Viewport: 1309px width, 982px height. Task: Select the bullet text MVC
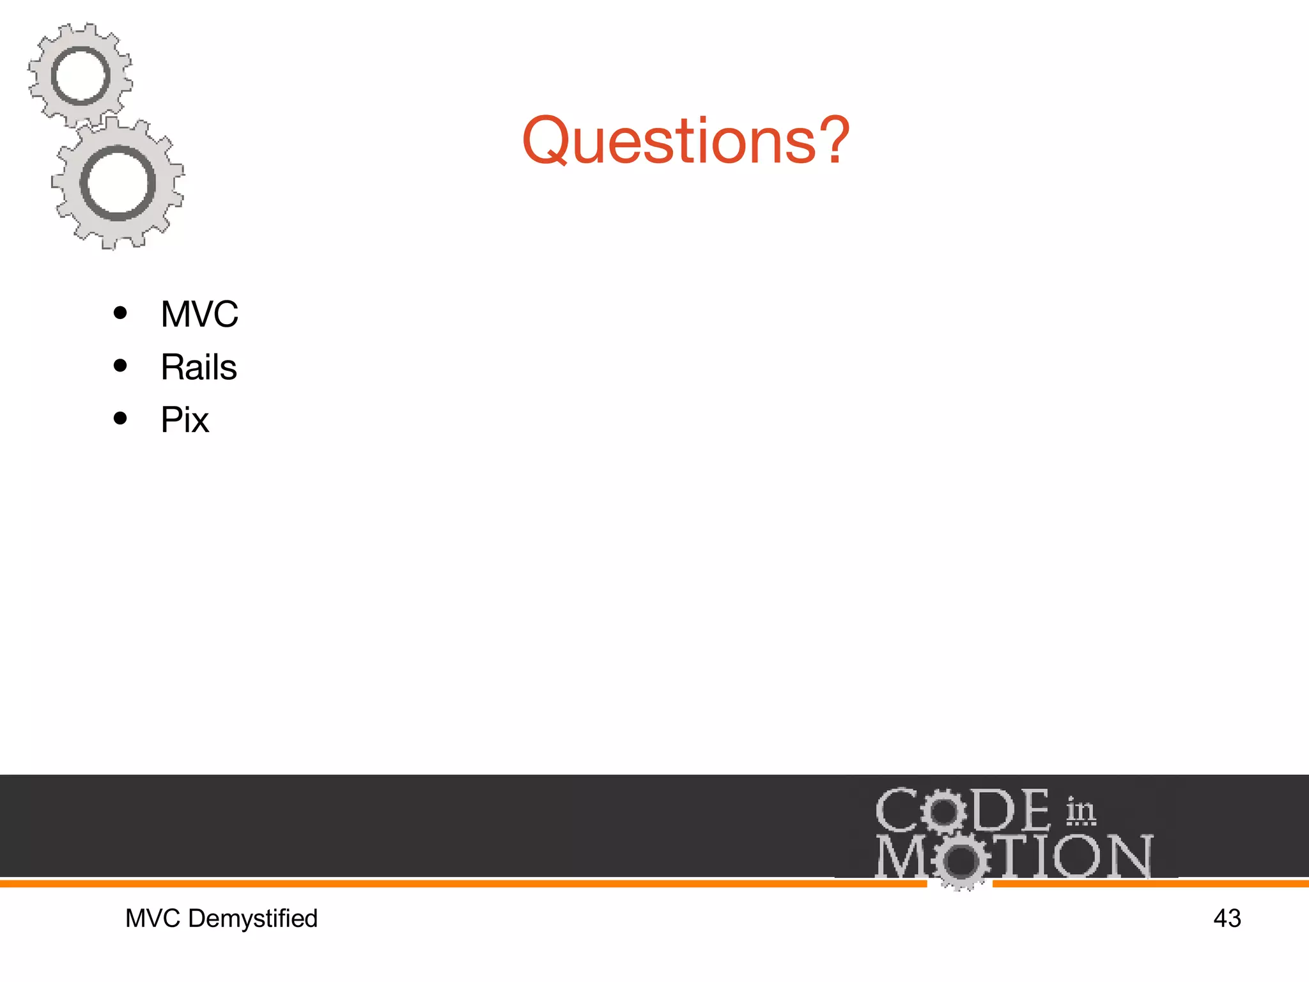click(x=199, y=315)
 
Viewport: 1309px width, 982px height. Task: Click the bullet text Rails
click(x=199, y=368)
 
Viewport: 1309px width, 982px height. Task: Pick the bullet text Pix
click(x=185, y=421)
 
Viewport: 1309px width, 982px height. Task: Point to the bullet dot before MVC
click(x=120, y=313)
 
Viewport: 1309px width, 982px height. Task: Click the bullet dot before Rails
click(x=120, y=366)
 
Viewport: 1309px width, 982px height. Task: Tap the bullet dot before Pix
click(x=120, y=419)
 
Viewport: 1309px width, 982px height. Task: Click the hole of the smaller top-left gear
click(x=81, y=77)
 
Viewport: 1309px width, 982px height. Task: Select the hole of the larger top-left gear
click(x=118, y=183)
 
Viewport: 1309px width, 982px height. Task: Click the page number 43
click(x=1227, y=919)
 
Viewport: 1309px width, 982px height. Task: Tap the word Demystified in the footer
click(x=253, y=919)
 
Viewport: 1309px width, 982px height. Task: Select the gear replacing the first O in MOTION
click(x=960, y=861)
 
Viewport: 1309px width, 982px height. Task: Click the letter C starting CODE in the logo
click(x=896, y=811)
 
